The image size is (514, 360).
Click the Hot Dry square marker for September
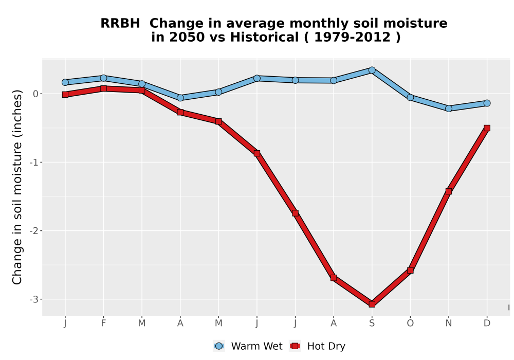[372, 304]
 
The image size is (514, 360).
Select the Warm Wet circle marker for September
[372, 70]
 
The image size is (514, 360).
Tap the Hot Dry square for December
[487, 128]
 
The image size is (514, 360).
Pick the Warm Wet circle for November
[448, 109]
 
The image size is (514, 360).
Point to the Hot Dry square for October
[410, 270]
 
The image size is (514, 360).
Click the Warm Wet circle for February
[104, 78]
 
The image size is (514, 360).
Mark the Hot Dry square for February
[104, 88]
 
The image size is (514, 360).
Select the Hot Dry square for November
[448, 191]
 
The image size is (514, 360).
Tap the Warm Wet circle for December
[487, 103]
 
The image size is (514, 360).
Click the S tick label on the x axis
[372, 323]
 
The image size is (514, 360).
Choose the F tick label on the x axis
[104, 323]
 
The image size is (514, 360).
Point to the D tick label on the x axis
[487, 323]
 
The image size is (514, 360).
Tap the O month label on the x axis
[410, 323]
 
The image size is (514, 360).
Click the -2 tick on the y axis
[34, 231]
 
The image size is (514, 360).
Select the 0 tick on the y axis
[36, 94]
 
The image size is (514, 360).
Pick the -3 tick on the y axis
[34, 299]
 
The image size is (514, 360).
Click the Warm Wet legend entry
[248, 346]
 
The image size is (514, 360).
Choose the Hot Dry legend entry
[317, 346]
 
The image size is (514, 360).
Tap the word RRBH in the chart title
[120, 24]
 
